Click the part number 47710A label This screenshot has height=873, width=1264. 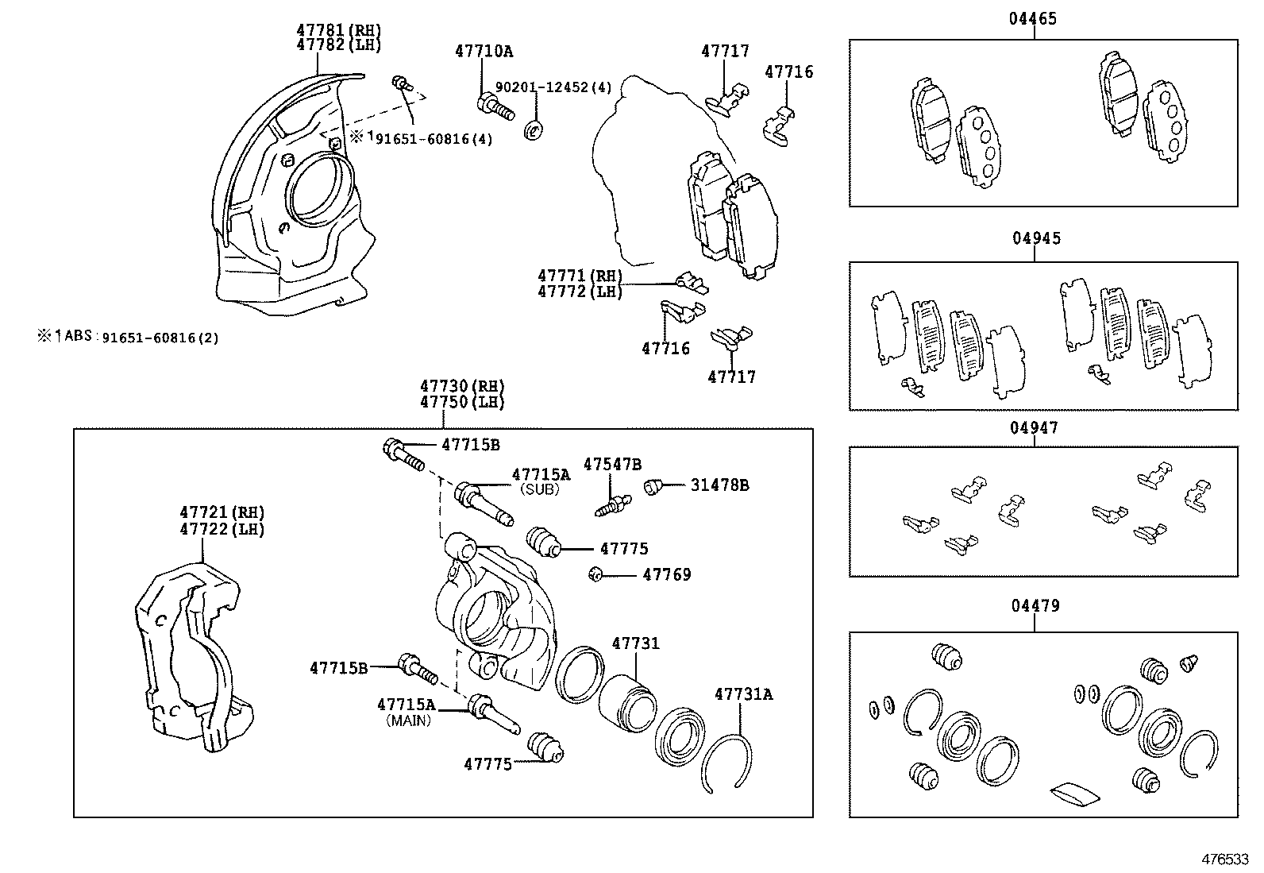coord(484,52)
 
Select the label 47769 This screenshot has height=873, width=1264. coord(666,574)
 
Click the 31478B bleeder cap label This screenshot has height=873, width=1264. coord(719,485)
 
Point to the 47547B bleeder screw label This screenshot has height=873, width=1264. coord(612,465)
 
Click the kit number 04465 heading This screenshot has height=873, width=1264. coord(1033,19)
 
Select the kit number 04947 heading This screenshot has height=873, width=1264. coord(1034,428)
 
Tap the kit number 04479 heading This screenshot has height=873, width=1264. coord(1034,607)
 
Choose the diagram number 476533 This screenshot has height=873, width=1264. coord(1225,859)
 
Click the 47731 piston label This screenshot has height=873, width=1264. coord(635,643)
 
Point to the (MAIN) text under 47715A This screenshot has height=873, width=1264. coord(408,721)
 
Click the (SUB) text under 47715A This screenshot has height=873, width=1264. coord(540,490)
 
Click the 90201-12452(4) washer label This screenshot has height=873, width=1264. coord(553,87)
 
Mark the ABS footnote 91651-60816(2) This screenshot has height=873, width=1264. coord(128,337)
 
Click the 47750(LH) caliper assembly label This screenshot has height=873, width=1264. coord(462,402)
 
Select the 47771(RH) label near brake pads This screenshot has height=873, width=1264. coord(580,276)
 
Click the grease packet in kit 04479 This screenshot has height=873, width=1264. coord(1073,792)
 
